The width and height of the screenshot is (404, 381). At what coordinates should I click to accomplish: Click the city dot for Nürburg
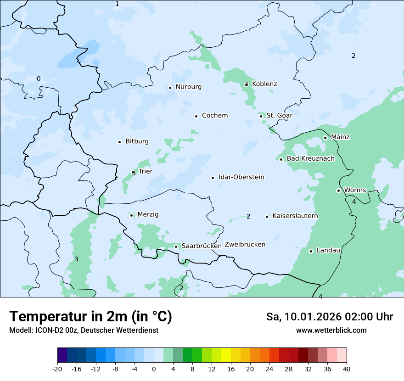pyautogui.click(x=170, y=88)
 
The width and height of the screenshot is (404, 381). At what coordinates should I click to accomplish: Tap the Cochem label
pyautogui.click(x=214, y=116)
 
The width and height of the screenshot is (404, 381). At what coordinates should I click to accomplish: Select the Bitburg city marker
pyautogui.click(x=119, y=142)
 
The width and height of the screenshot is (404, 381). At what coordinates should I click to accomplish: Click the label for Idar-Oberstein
pyautogui.click(x=241, y=177)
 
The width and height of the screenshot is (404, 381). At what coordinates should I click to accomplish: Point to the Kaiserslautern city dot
pyautogui.click(x=267, y=217)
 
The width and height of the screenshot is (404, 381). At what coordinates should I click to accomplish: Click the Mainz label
pyautogui.click(x=340, y=137)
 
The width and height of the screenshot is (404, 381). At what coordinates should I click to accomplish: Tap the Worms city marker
pyautogui.click(x=338, y=190)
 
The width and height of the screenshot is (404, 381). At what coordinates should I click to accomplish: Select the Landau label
pyautogui.click(x=328, y=251)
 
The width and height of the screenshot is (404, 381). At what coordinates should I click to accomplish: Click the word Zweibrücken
pyautogui.click(x=245, y=245)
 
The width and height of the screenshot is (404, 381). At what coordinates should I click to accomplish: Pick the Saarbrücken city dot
pyautogui.click(x=176, y=247)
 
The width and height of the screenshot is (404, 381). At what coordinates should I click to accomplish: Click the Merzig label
pyautogui.click(x=148, y=215)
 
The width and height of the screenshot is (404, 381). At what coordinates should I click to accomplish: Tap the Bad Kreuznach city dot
pyautogui.click(x=281, y=159)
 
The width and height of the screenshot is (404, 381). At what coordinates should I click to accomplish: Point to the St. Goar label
pyautogui.click(x=279, y=116)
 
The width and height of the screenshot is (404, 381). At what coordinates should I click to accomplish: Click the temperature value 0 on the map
pyautogui.click(x=39, y=79)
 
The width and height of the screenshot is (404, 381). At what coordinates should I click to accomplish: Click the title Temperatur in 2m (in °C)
pyautogui.click(x=90, y=317)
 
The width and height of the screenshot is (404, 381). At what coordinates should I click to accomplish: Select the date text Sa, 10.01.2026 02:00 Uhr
pyautogui.click(x=329, y=317)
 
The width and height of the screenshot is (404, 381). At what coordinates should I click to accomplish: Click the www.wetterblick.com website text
pyautogui.click(x=331, y=331)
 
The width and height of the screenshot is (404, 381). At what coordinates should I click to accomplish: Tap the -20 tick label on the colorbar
pyautogui.click(x=57, y=369)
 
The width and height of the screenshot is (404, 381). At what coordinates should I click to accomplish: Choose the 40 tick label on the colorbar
pyautogui.click(x=347, y=369)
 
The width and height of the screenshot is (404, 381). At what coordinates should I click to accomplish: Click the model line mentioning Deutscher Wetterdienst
pyautogui.click(x=84, y=331)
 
